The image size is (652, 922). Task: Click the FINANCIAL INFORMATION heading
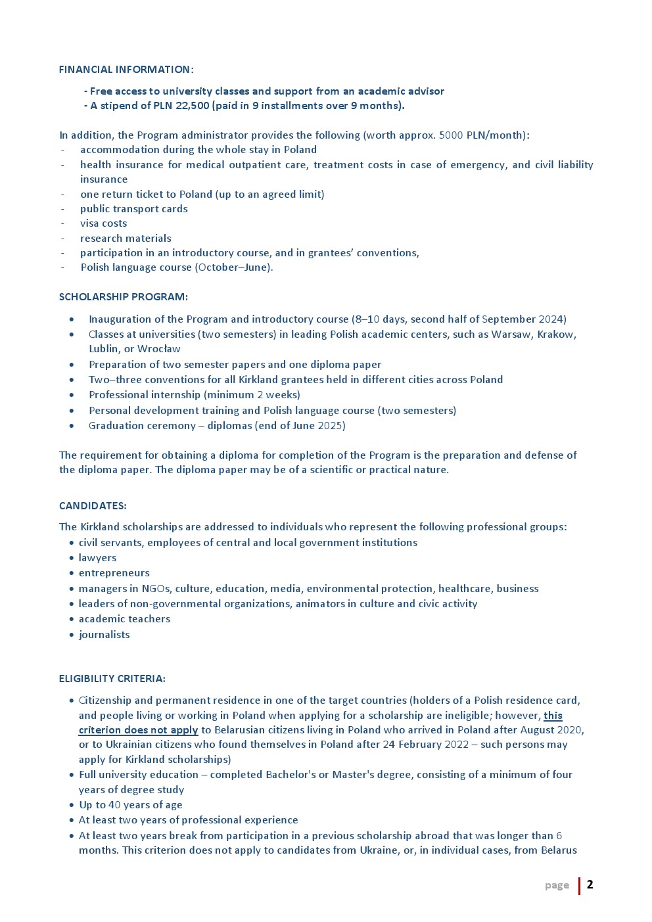[x=126, y=70]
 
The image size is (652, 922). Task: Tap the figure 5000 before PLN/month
[x=451, y=135]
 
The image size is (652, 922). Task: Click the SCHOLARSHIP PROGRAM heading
[x=123, y=297]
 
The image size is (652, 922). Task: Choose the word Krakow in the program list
[x=557, y=334]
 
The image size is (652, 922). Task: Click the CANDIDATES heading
[x=93, y=506]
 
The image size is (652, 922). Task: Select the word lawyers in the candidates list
[x=97, y=558]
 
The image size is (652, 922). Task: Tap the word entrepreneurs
[x=114, y=573]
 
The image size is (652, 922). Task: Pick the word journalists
[x=104, y=635]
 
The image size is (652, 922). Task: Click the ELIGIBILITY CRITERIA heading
[x=112, y=679]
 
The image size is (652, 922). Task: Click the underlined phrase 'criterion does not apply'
[x=138, y=730]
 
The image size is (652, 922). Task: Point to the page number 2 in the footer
[x=590, y=885]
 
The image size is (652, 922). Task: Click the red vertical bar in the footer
[x=579, y=886]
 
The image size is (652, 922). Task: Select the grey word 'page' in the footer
[x=557, y=886]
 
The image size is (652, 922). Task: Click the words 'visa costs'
[x=103, y=223]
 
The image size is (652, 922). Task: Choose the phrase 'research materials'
[x=126, y=239]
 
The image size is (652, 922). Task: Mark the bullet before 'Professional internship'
[x=72, y=396]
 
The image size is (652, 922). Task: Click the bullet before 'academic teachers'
[x=71, y=620]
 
